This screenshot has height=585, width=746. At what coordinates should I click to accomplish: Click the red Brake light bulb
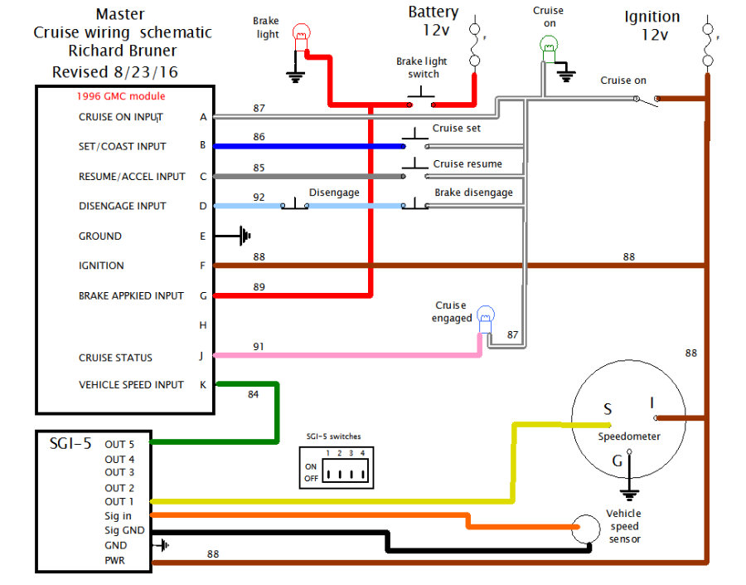[301, 37]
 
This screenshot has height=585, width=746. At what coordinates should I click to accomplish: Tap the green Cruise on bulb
[549, 49]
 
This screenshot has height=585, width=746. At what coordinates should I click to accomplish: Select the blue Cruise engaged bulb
[485, 319]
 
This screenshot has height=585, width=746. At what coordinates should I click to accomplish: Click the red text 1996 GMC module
[121, 96]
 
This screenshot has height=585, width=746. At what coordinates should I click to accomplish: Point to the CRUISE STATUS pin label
[115, 358]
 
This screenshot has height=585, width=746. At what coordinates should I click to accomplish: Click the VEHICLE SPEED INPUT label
[131, 385]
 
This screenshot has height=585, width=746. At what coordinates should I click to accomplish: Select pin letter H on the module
[203, 325]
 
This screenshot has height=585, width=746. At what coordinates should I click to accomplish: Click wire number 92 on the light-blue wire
[259, 197]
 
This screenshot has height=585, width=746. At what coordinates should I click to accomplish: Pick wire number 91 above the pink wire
[259, 347]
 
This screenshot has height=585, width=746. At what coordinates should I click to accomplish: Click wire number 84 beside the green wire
[253, 394]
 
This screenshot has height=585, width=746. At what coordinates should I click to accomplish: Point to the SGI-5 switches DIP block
[337, 468]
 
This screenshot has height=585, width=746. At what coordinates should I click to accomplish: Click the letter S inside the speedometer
[608, 409]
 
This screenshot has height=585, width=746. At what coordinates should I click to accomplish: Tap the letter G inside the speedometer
[617, 461]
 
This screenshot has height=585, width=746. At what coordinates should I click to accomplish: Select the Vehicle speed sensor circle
[586, 529]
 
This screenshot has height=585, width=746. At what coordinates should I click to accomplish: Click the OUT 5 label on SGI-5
[119, 445]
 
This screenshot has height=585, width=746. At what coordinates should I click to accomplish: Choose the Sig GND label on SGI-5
[124, 530]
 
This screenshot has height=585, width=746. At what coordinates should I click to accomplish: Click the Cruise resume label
[467, 163]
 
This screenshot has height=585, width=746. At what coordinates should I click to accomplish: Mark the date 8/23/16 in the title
[146, 72]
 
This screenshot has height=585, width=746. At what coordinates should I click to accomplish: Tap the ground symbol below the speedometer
[629, 495]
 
